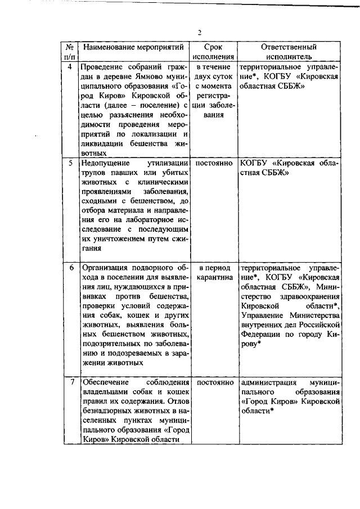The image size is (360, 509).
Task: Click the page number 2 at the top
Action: (199, 31)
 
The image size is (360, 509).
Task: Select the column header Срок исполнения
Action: (213, 52)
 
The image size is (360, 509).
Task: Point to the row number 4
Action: (69, 67)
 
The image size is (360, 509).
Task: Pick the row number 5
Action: (70, 164)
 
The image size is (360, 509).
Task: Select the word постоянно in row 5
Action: (214, 164)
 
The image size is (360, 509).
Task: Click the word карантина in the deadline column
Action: (214, 277)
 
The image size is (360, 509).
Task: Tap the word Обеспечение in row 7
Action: (105, 382)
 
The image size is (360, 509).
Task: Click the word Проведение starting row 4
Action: (104, 67)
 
